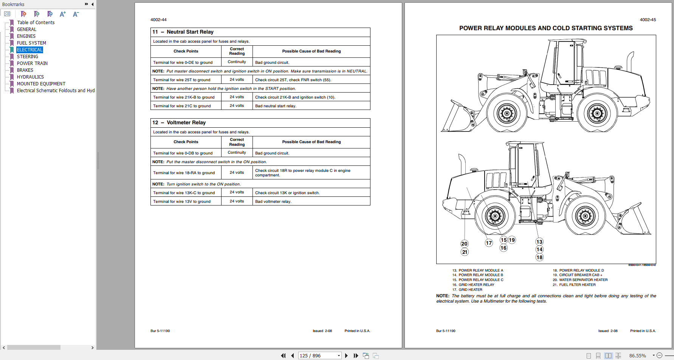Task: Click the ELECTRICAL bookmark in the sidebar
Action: [x=30, y=50]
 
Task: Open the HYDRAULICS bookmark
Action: [x=30, y=77]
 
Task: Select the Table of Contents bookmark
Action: [x=36, y=23]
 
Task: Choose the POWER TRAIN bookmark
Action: [x=32, y=63]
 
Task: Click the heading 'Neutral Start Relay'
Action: [x=190, y=32]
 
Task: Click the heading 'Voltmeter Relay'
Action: [x=186, y=123]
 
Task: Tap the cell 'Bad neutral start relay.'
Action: [x=276, y=106]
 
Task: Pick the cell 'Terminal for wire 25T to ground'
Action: [x=182, y=80]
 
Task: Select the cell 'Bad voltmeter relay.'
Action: [x=273, y=202]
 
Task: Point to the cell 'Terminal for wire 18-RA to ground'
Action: [x=184, y=173]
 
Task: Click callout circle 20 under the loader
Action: [x=465, y=244]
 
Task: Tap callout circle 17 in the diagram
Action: [x=489, y=243]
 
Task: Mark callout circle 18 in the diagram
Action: [x=539, y=257]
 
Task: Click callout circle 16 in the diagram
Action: [x=504, y=248]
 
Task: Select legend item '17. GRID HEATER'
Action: [x=467, y=290]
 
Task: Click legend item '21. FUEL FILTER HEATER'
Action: [x=574, y=285]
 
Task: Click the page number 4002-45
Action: [x=648, y=20]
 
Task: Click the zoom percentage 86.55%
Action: [x=638, y=355]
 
